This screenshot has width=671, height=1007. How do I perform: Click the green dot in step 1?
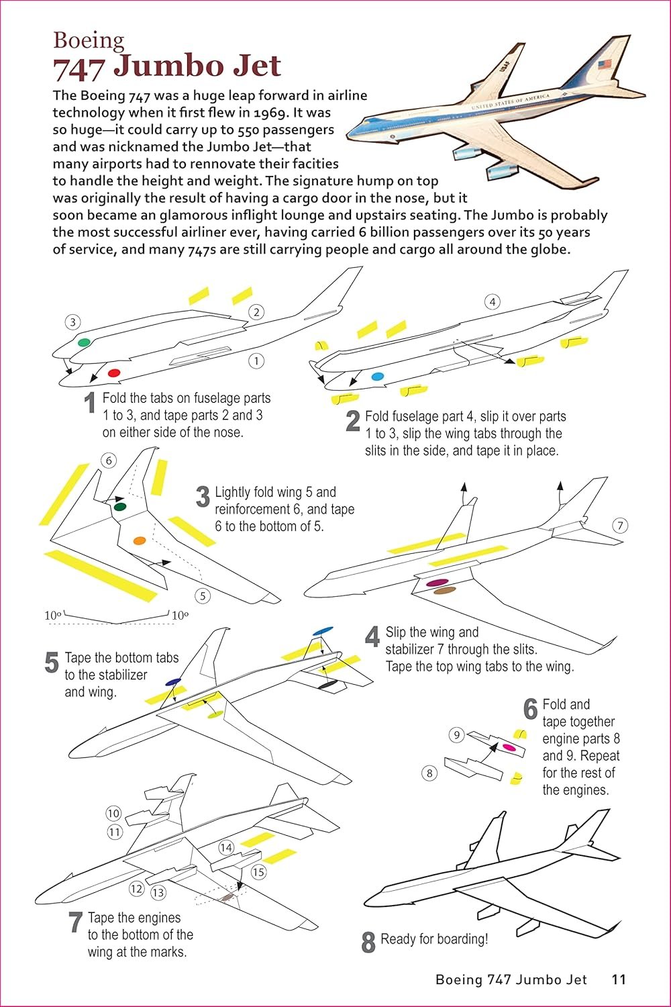click(x=84, y=342)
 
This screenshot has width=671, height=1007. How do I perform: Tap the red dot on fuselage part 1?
click(x=113, y=373)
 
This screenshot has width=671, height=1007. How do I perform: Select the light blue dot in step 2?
click(x=377, y=377)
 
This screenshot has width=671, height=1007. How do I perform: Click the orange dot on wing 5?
click(x=139, y=540)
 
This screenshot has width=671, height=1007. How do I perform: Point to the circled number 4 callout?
click(x=493, y=301)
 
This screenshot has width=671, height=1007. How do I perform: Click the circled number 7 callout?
click(x=620, y=525)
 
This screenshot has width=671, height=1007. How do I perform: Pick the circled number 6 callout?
click(x=108, y=461)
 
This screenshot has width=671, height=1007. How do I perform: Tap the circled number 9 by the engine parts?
click(x=457, y=734)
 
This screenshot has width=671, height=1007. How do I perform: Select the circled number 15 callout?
click(x=258, y=872)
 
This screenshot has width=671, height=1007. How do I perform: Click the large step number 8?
click(x=368, y=942)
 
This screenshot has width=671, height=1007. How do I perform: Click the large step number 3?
click(x=203, y=497)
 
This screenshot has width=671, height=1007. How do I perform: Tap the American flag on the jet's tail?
click(x=606, y=65)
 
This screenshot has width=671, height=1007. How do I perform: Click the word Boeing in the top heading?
click(x=89, y=40)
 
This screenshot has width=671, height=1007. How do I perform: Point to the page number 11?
click(x=619, y=979)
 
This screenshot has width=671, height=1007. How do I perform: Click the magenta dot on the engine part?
click(x=509, y=747)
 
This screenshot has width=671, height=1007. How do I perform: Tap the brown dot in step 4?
click(x=444, y=591)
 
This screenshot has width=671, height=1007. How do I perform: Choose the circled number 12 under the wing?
click(x=137, y=889)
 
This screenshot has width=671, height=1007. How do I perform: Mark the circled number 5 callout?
click(x=203, y=595)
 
